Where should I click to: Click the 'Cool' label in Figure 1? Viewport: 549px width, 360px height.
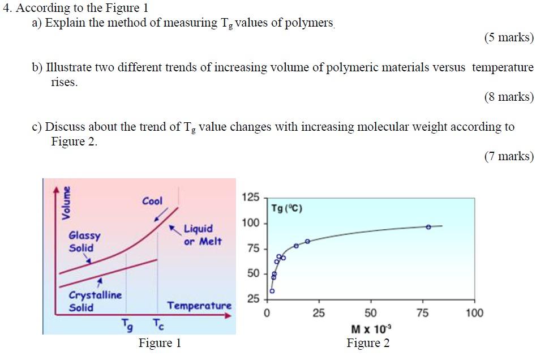[152, 201]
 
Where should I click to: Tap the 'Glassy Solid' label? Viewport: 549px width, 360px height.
[84, 242]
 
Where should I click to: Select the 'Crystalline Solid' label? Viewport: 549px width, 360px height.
[95, 301]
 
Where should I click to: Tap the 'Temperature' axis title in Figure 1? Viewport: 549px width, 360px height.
[199, 306]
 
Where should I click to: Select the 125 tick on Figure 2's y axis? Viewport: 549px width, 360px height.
[250, 198]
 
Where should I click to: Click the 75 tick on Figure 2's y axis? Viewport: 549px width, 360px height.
[253, 248]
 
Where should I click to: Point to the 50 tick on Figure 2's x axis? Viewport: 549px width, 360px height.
[370, 313]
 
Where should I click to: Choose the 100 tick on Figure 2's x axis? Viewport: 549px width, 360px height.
[474, 313]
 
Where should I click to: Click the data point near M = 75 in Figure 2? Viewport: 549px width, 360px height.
[428, 226]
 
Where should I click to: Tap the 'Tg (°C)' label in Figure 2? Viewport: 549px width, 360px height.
[286, 208]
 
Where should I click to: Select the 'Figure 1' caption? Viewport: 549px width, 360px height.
[160, 343]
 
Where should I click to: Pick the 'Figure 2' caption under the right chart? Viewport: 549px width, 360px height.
[368, 343]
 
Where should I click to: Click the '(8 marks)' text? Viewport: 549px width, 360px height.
[509, 97]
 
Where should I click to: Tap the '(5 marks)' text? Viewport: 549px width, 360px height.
[509, 38]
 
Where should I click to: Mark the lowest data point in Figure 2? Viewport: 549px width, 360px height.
[272, 291]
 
